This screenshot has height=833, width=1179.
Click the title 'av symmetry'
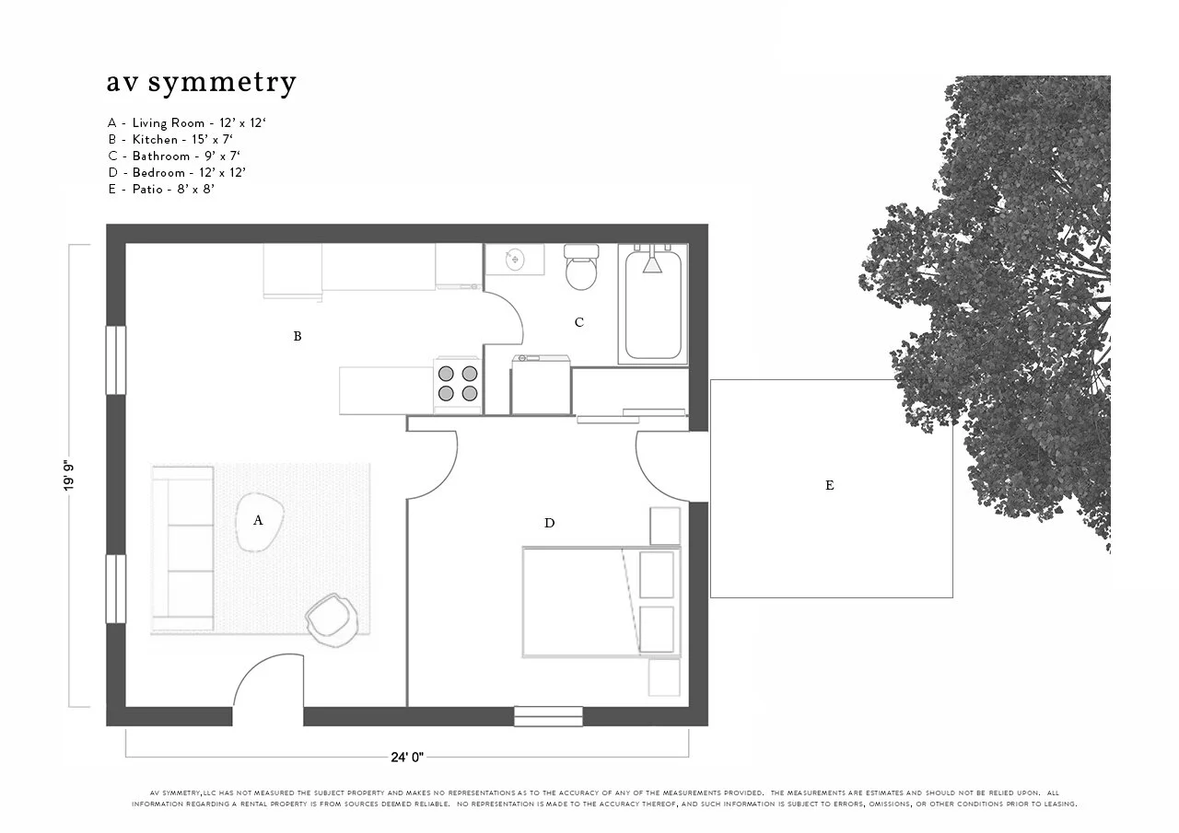pyautogui.click(x=201, y=83)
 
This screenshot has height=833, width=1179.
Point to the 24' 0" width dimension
pyautogui.click(x=407, y=758)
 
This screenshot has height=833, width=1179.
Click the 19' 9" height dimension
pyautogui.click(x=68, y=476)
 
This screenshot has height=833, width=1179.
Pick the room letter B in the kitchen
pyautogui.click(x=298, y=337)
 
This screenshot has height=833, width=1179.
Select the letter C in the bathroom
pyautogui.click(x=579, y=323)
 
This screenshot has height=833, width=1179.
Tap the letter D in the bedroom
pyautogui.click(x=550, y=524)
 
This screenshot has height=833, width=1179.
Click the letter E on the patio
pyautogui.click(x=830, y=486)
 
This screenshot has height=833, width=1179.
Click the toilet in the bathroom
pyautogui.click(x=580, y=268)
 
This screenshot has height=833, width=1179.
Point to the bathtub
pyautogui.click(x=653, y=305)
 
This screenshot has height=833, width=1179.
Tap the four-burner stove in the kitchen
pyautogui.click(x=458, y=383)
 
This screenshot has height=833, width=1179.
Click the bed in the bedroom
pyautogui.click(x=599, y=602)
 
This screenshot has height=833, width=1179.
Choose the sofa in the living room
pyautogui.click(x=182, y=548)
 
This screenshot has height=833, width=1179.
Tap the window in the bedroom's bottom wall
pyautogui.click(x=548, y=716)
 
